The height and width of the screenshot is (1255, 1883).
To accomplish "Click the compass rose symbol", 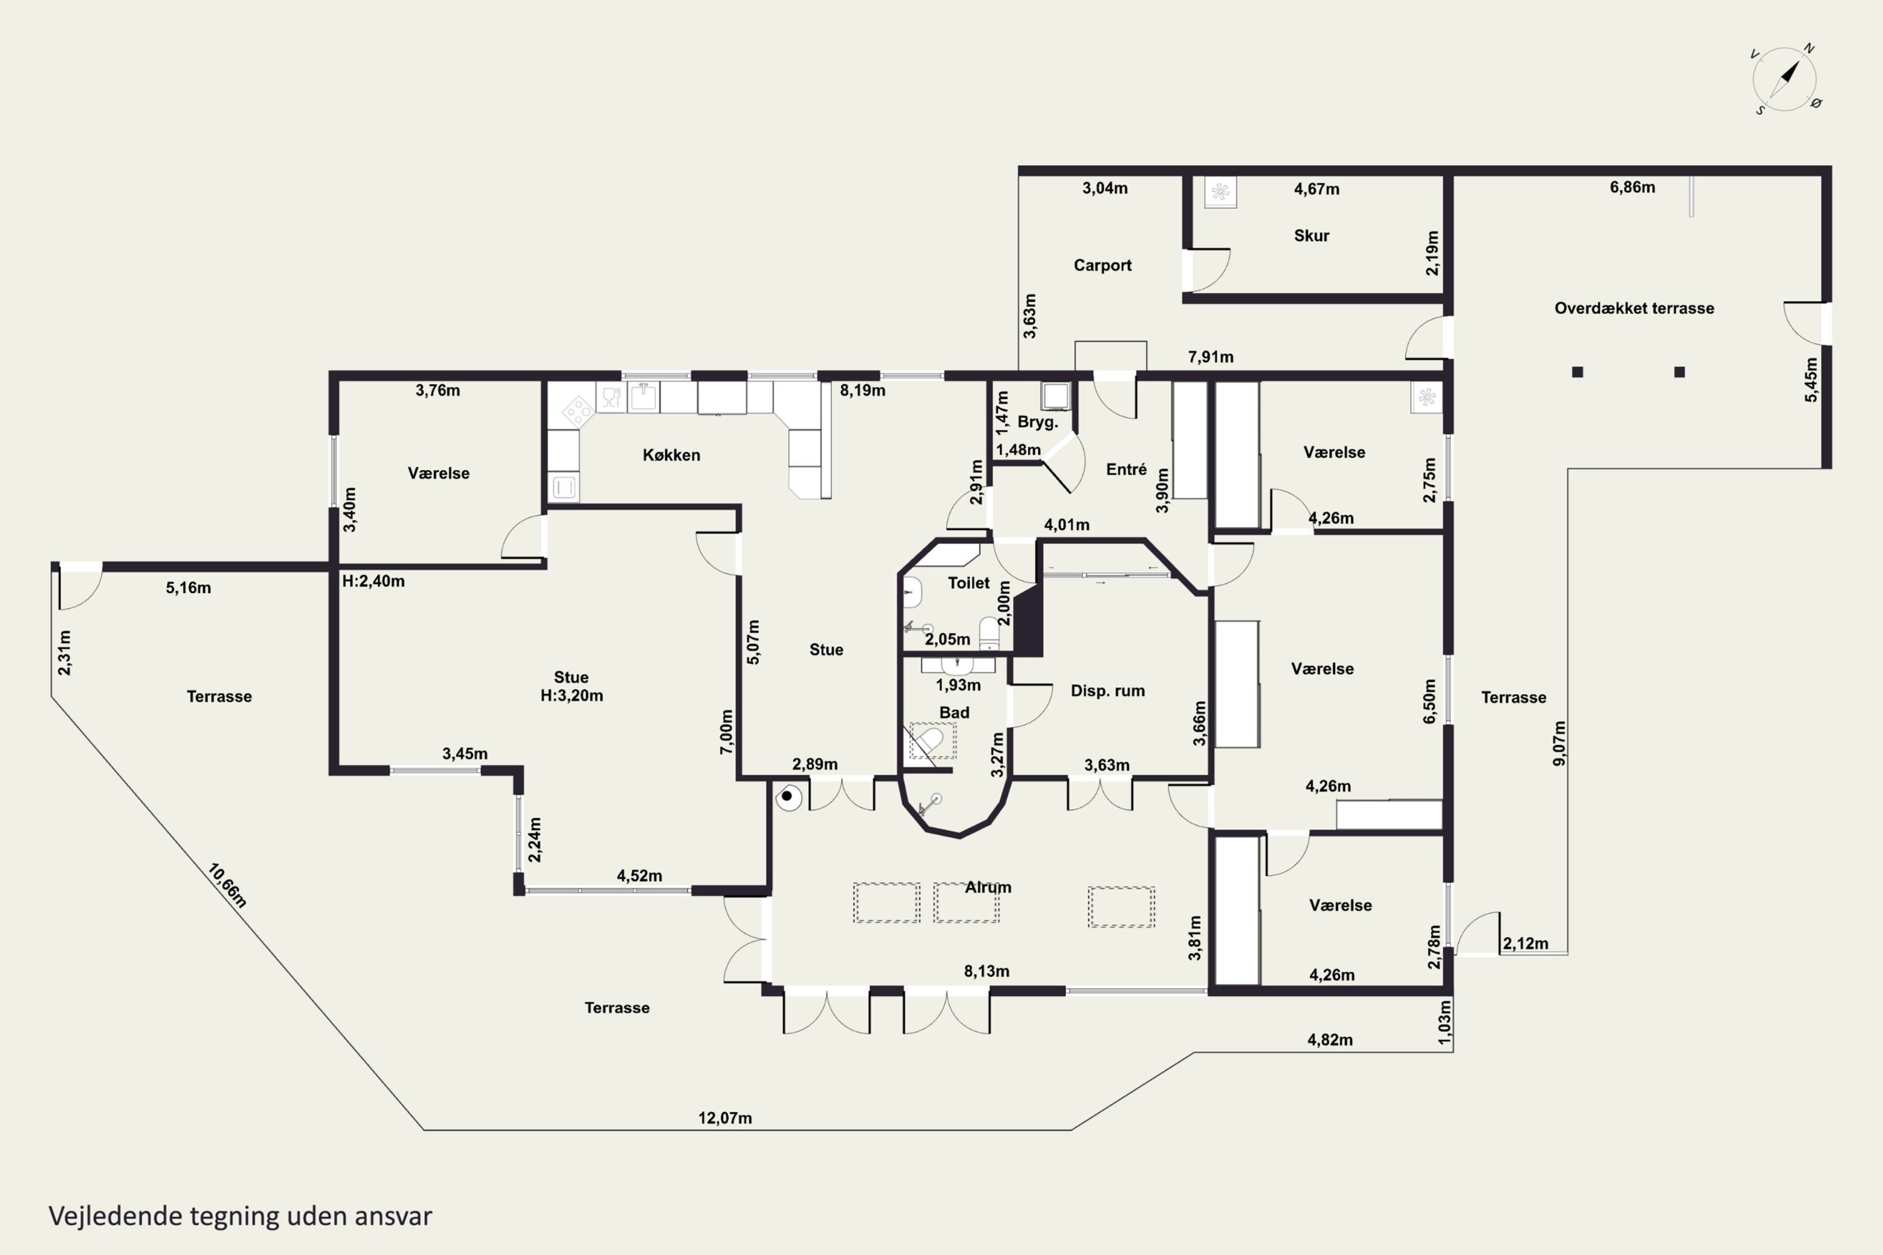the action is coord(1784,79).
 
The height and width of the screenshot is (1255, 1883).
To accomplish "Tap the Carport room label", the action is coord(1102,265).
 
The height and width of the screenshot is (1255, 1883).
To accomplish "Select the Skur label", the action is coord(1311,236).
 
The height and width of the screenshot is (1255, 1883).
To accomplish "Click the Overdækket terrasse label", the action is coord(1634,308).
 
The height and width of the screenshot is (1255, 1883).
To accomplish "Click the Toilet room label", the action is coord(968,584).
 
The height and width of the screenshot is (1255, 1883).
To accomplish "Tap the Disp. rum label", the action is coord(1107,691).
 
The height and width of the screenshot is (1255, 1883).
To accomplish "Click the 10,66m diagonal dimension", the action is coord(227,885).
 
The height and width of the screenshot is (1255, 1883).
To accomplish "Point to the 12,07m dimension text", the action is coord(724,1118).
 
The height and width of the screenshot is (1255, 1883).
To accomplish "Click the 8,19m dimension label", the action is coord(862,390).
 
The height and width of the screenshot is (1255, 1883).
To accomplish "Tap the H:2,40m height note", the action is coord(373,582).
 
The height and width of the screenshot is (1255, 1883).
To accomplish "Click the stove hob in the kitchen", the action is coord(576,412).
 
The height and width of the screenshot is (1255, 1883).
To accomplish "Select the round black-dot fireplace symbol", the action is coord(788,796).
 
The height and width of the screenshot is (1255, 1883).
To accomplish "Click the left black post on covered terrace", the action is coord(1577,372).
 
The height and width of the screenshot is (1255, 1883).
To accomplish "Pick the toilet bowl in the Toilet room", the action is coord(990,633).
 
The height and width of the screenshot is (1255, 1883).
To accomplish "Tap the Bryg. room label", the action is coord(1038,422).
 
